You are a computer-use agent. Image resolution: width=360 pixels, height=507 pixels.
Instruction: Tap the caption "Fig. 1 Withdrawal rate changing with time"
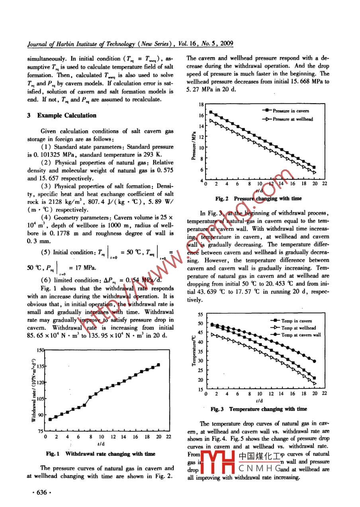pyautogui.click(x=100, y=454)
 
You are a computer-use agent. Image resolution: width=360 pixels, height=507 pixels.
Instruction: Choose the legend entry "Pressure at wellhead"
pyautogui.click(x=293, y=119)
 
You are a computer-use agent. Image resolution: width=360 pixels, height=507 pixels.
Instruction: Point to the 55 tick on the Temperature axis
pyautogui.click(x=200, y=314)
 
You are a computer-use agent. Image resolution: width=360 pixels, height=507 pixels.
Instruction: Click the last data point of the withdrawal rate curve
pyautogui.click(x=159, y=365)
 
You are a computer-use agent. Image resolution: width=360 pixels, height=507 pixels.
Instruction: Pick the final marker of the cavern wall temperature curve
pyautogui.click(x=315, y=361)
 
